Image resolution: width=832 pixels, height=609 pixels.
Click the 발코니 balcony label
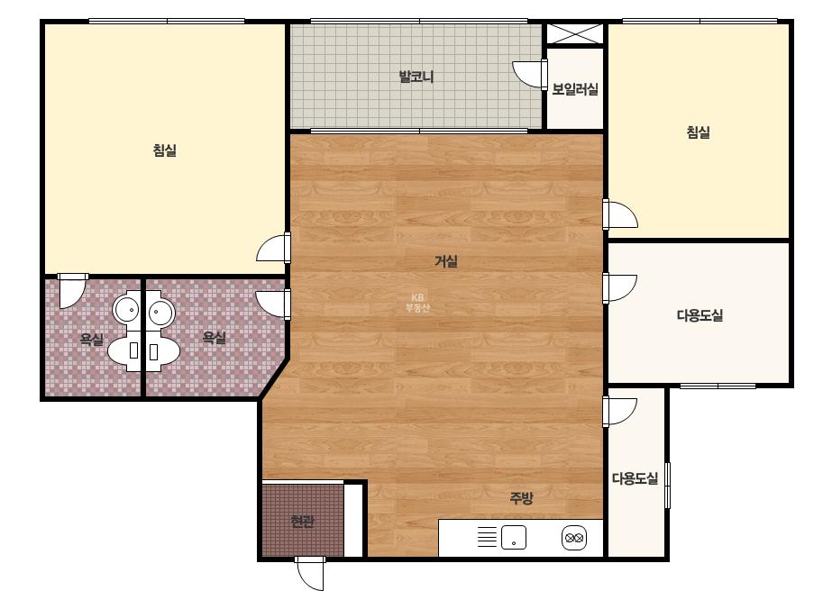tap(416, 77)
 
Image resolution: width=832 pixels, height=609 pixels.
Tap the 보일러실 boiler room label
tap(575, 89)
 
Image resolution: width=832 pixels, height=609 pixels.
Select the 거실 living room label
tap(446, 261)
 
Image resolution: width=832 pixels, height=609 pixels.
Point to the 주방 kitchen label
tap(521, 497)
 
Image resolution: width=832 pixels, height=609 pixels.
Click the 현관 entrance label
tap(303, 522)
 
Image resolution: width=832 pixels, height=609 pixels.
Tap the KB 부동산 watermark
tap(417, 303)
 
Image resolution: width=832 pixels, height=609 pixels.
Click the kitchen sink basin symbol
tap(514, 538)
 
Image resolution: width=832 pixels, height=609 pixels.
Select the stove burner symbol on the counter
tap(574, 538)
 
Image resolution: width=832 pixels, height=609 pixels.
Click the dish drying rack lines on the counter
tap(487, 537)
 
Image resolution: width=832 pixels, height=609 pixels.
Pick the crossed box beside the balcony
tap(575, 34)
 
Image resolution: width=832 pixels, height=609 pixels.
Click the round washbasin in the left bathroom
tap(126, 309)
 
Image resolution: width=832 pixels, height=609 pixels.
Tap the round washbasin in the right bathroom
tap(161, 313)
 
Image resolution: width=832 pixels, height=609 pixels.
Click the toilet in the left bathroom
tap(125, 350)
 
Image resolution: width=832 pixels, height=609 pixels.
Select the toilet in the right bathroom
tap(163, 350)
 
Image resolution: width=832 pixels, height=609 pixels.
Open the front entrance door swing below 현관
tap(310, 574)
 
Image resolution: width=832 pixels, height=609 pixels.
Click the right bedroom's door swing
tap(620, 214)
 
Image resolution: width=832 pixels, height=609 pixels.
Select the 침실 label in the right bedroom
tap(699, 132)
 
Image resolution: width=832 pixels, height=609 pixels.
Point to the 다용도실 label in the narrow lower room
tap(635, 478)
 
